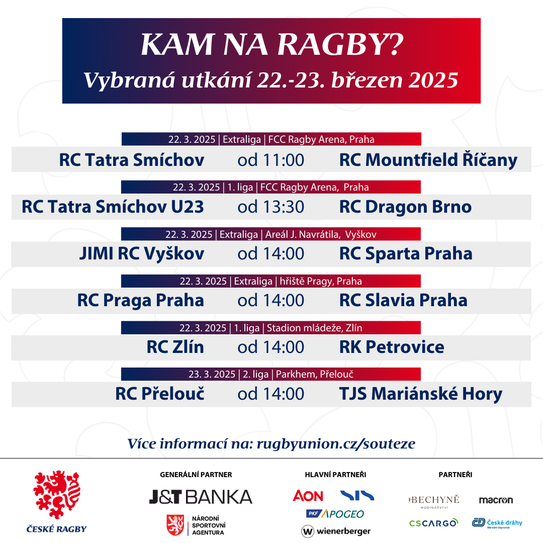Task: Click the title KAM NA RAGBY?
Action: coord(272,44)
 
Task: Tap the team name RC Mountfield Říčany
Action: coord(428,160)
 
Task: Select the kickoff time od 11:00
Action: coord(271,160)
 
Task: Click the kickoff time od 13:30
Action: coord(271,207)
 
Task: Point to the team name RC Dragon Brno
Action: coord(405,207)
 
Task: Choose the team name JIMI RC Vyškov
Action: coord(142,253)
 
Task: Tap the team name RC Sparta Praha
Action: coord(406,254)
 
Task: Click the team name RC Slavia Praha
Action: coord(403,300)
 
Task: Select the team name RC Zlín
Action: coord(175,347)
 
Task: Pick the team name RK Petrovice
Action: coord(392,347)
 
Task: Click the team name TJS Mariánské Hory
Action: coord(421,394)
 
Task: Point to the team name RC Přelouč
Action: coord(160,393)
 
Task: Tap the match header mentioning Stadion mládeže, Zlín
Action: coord(271,328)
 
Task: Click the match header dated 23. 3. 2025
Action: coord(271,374)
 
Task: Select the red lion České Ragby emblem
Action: coord(57,494)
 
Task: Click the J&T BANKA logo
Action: coord(201,497)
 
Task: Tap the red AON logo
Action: coord(308,496)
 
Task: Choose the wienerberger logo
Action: coord(335,531)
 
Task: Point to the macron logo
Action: coord(496,500)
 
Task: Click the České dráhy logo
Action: coord(497,523)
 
